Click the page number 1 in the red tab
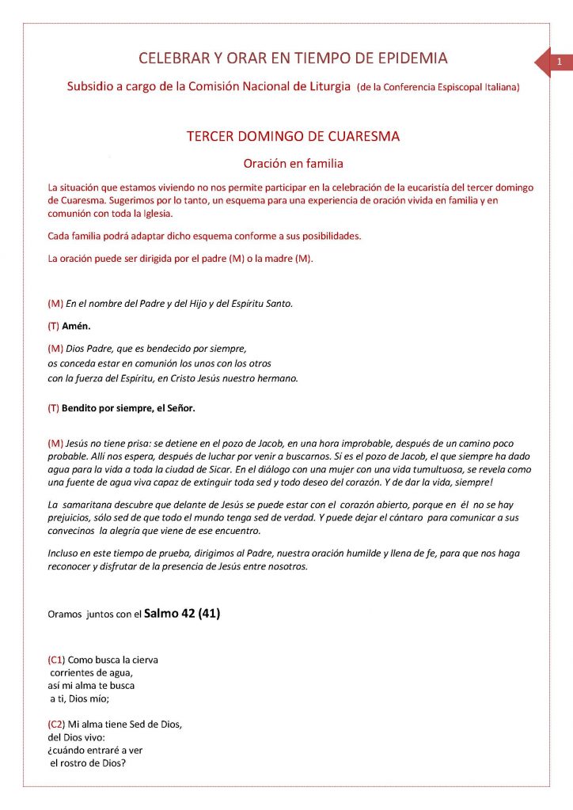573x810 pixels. [560, 62]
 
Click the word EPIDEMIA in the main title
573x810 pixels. [410, 58]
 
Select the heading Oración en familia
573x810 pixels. [293, 164]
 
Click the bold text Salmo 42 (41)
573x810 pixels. [182, 612]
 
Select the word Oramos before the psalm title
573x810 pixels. [66, 613]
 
